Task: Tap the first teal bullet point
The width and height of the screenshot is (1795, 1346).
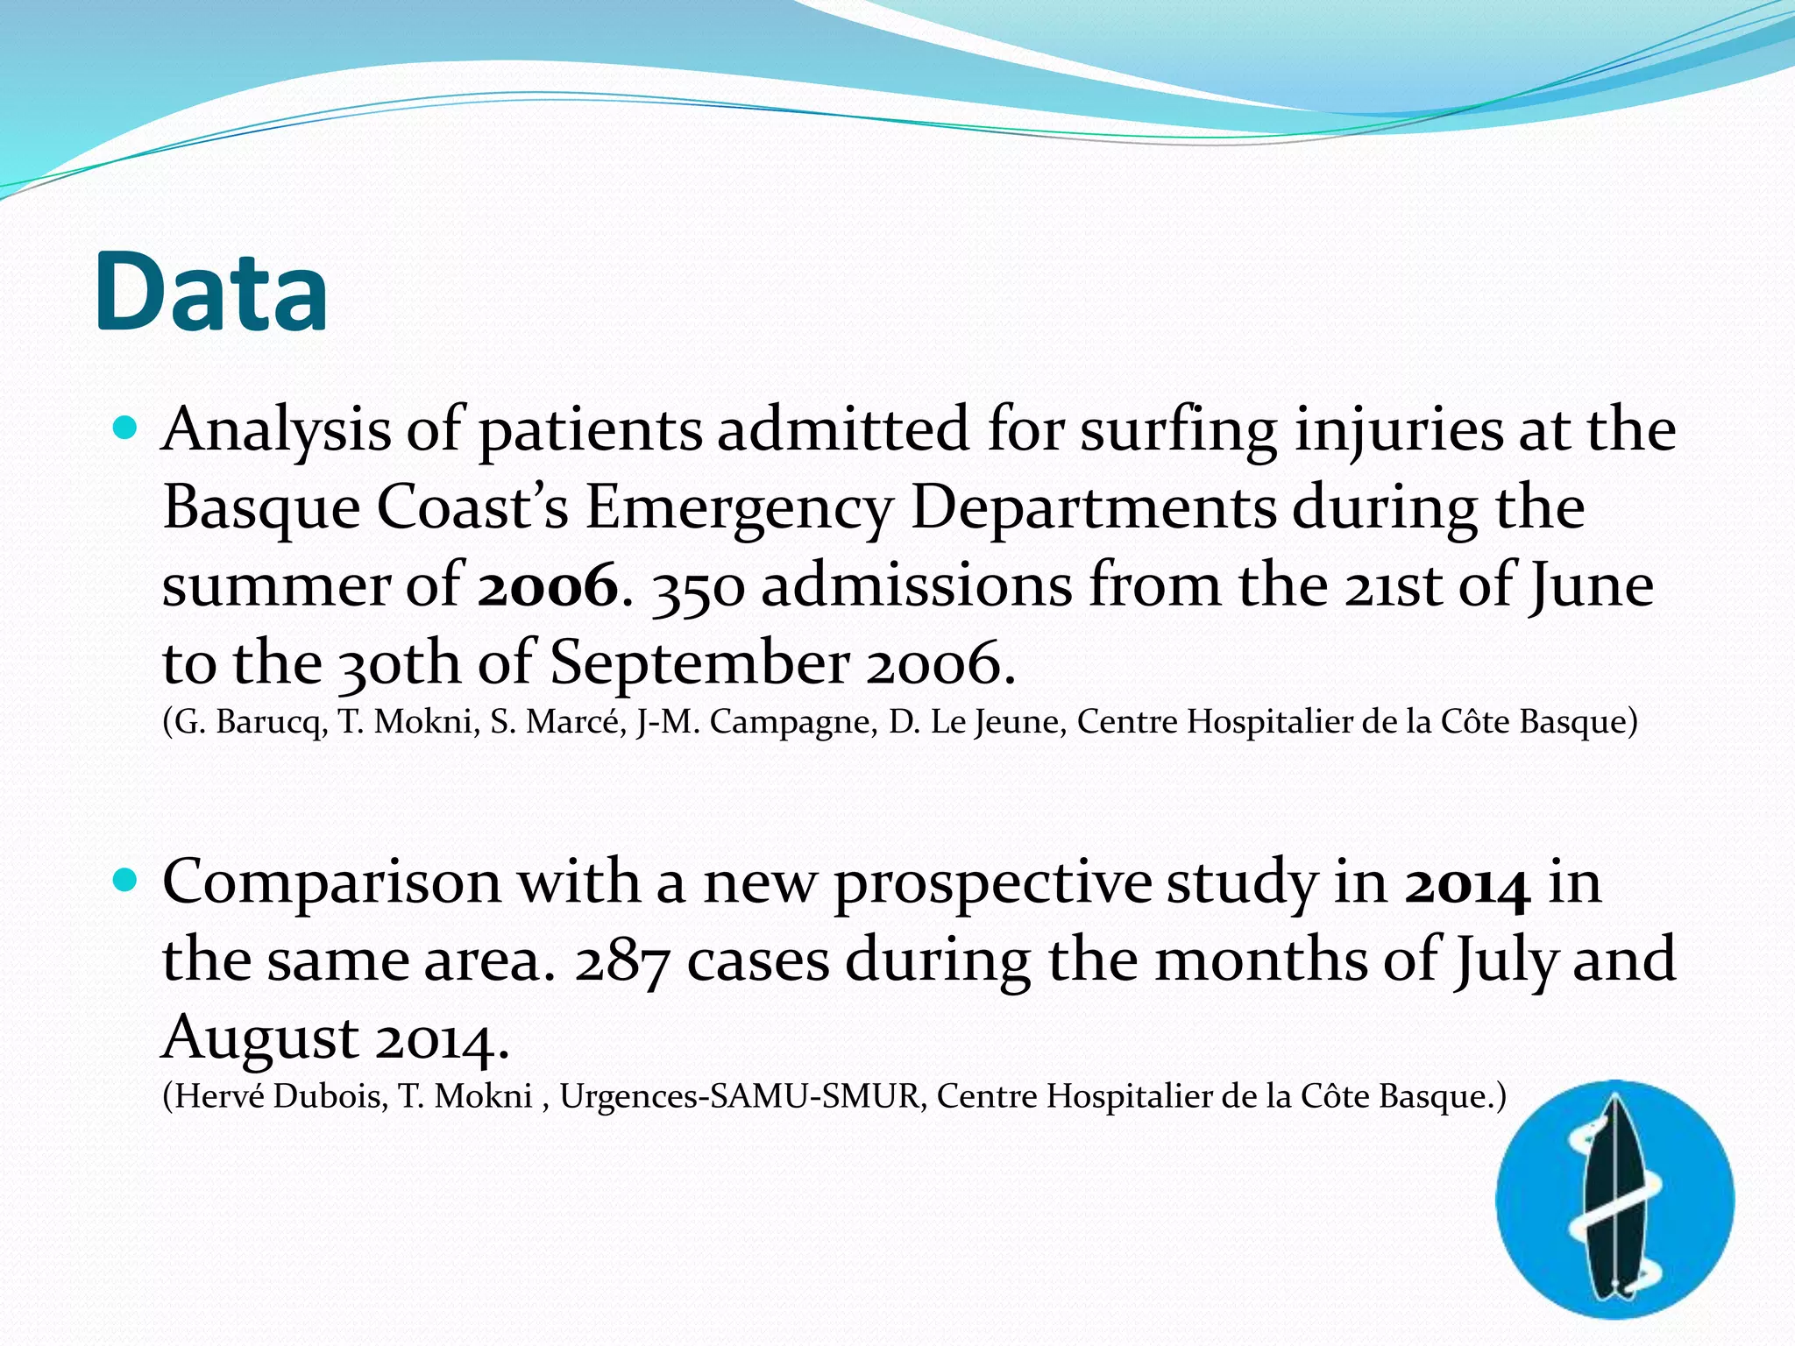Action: [x=126, y=429]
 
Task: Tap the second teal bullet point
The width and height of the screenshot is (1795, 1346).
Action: [x=126, y=880]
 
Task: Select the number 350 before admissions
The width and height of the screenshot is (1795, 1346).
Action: [x=699, y=587]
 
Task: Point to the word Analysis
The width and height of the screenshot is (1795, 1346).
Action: [x=276, y=431]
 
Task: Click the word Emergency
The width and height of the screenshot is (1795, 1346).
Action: [x=739, y=508]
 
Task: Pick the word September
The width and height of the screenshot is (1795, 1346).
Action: [x=699, y=663]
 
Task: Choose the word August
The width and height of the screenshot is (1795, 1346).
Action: [x=260, y=1038]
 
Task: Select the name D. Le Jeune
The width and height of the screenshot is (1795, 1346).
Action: [x=976, y=722]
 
